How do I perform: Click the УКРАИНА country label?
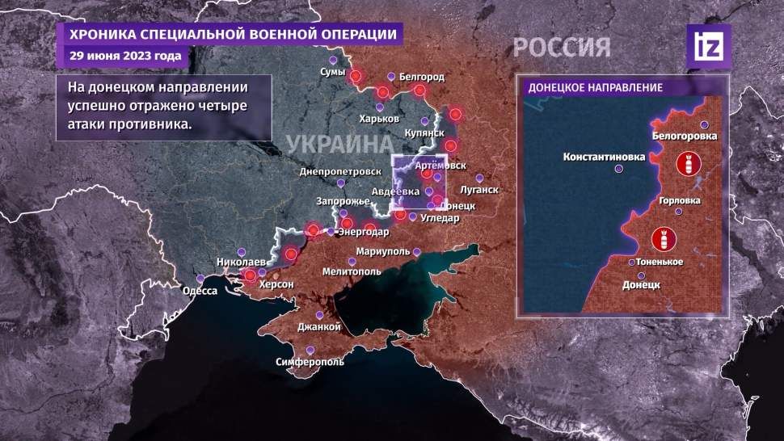pos(334,146)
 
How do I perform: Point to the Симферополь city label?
pos(310,362)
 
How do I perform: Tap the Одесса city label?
pos(200,291)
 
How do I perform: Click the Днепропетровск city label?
pos(339,172)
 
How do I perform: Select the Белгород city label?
pos(421,77)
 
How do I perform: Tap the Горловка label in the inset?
pos(679,201)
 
